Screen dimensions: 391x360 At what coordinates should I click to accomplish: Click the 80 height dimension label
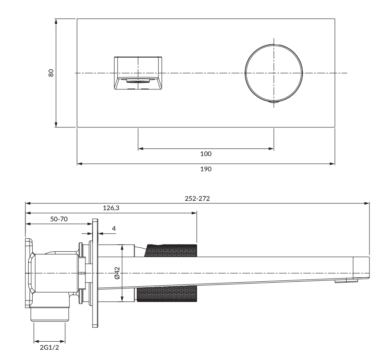[x=51, y=73]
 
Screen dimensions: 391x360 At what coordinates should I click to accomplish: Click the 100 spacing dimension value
[x=206, y=154]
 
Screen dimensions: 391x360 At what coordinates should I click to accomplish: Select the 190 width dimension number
[x=206, y=169]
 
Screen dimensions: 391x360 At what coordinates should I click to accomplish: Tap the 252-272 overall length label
[x=197, y=199]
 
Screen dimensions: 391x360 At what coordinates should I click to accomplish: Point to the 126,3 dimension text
[x=111, y=208]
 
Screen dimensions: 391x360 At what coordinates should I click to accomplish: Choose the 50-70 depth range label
[x=59, y=219]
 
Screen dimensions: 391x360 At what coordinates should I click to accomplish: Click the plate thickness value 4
[x=114, y=229]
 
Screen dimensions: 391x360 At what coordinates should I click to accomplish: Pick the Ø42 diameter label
[x=117, y=273]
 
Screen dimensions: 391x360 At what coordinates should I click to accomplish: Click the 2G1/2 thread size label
[x=49, y=347]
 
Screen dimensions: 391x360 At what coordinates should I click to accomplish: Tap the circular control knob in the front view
[x=274, y=73]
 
